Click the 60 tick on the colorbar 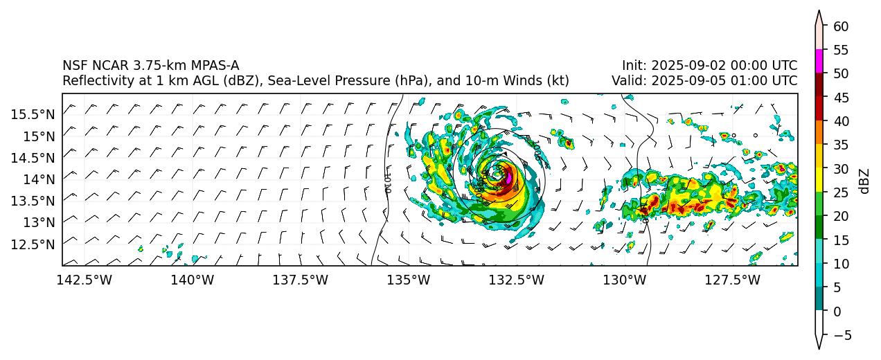(x=840, y=26)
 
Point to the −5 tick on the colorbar (x=840, y=335)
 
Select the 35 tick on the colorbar (x=840, y=145)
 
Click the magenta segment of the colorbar (x=819, y=61)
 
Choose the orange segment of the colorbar (x=819, y=132)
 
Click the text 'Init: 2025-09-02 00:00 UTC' (x=709, y=66)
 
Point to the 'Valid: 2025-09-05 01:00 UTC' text (x=704, y=81)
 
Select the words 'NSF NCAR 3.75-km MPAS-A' (x=150, y=66)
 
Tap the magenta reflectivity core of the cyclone (x=510, y=177)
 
